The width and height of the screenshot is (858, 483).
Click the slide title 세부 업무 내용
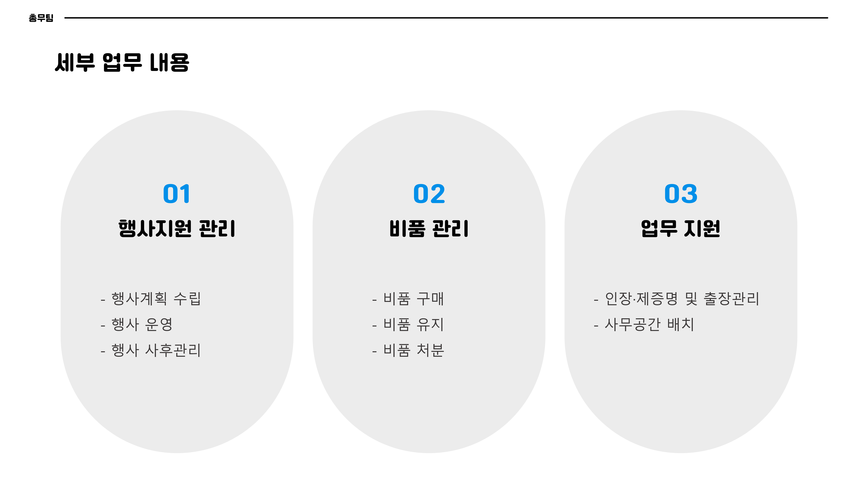point(122,62)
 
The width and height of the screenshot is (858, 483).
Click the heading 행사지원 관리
point(177,229)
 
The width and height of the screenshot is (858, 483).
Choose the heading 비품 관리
point(429,229)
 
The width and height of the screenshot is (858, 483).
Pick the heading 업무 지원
point(681,229)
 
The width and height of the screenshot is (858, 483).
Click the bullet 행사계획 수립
point(156,298)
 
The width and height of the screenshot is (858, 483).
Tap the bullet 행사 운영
point(142,324)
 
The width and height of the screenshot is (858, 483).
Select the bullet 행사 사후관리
point(156,350)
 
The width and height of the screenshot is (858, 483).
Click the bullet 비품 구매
point(413,298)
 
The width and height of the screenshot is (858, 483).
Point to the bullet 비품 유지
point(413,324)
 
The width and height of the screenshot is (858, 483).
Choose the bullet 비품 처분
point(413,350)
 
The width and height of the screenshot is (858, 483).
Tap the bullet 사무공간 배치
point(650,324)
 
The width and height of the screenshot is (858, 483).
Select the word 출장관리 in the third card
point(731,298)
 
